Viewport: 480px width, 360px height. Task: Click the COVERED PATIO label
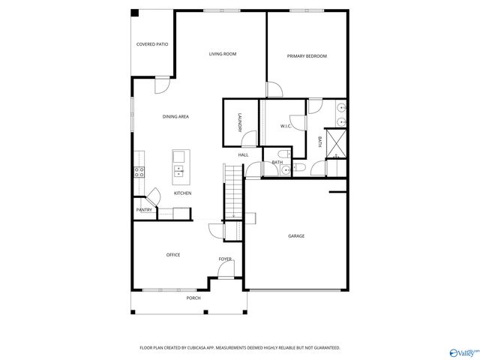pos(151,44)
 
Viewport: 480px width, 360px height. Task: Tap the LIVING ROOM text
pos(222,54)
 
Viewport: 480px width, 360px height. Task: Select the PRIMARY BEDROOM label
pos(307,56)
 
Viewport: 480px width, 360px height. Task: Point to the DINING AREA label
pos(175,116)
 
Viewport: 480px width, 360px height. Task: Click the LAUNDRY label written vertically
pos(239,122)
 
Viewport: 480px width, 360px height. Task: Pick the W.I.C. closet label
pos(286,126)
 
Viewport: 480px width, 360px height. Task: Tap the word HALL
pos(243,155)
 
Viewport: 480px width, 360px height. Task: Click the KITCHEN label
pos(183,193)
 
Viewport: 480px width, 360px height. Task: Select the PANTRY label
pos(144,210)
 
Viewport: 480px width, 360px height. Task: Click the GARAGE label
pos(296,235)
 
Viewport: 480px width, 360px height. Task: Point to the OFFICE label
pos(172,255)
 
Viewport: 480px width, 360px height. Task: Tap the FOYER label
pos(225,259)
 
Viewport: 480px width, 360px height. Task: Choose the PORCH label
pos(193,298)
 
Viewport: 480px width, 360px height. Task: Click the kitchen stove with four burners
pos(139,171)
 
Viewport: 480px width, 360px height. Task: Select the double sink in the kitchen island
pos(179,170)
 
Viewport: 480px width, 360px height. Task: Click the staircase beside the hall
pos(234,191)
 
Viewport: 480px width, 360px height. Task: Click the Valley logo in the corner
pos(462,351)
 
